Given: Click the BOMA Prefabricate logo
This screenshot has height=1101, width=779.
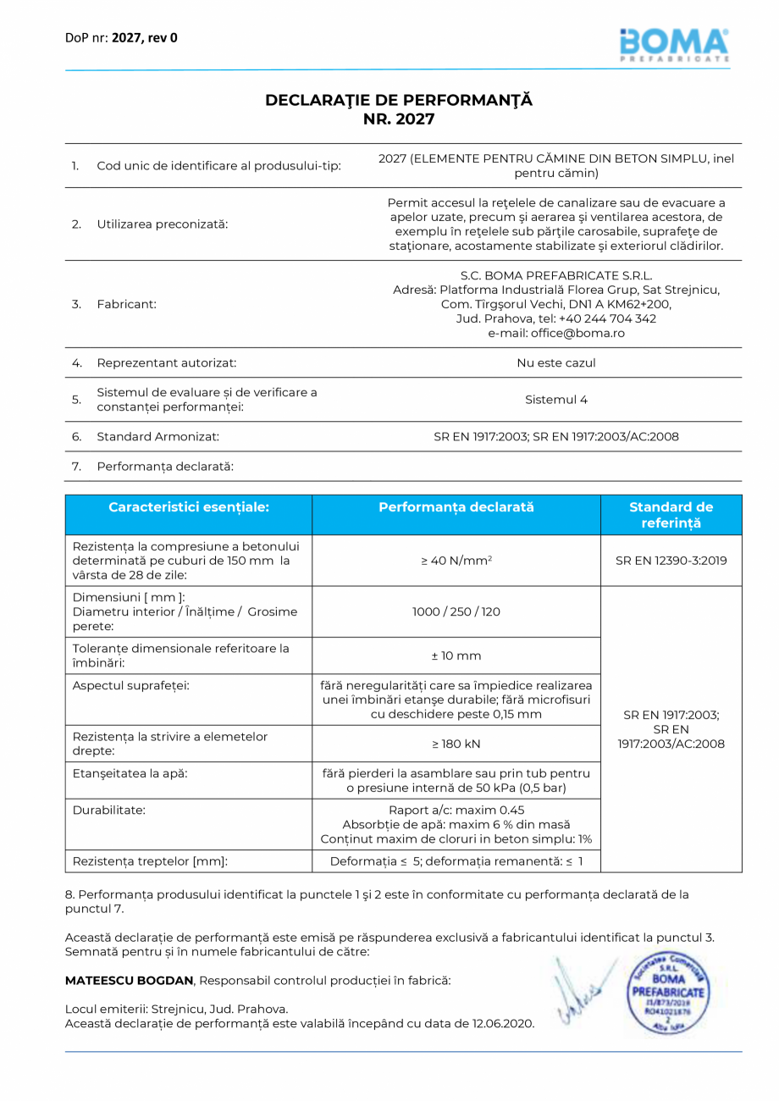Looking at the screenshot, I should click(674, 44).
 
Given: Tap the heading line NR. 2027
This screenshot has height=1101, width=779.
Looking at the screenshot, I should click(399, 119).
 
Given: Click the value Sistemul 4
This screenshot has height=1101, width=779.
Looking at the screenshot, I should click(556, 400).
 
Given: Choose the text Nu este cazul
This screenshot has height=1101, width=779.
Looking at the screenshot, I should click(556, 362).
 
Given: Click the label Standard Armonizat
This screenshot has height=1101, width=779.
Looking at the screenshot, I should click(158, 437).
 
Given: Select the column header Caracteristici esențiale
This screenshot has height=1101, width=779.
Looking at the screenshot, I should click(189, 507).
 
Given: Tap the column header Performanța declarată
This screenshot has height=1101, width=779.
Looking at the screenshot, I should click(456, 507).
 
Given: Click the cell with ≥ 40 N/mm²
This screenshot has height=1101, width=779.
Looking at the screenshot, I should click(456, 561).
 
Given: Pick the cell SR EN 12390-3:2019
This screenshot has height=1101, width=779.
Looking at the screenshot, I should click(671, 561).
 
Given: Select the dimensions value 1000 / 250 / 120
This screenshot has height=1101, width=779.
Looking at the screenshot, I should click(456, 611).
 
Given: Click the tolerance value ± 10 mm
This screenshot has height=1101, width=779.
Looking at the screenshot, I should click(456, 656).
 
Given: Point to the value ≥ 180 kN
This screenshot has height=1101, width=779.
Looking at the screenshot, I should click(456, 744).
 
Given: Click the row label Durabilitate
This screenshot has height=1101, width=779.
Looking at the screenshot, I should click(109, 810).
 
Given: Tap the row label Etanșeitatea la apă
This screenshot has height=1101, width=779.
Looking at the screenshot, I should click(130, 773).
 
